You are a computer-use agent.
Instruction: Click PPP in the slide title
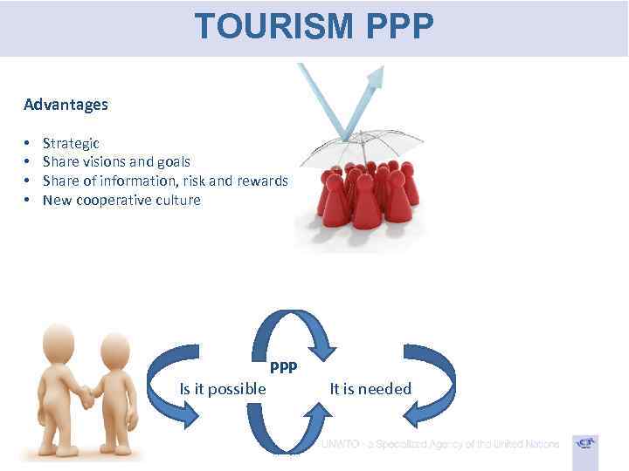(399, 26)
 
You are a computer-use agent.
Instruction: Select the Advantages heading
(66, 105)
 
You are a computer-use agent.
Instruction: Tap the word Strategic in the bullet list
(71, 143)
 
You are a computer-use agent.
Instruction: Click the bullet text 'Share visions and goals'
(116, 161)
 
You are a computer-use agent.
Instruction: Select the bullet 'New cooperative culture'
(121, 200)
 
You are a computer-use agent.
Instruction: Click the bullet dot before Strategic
(28, 143)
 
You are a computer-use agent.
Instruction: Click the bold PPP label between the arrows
(283, 368)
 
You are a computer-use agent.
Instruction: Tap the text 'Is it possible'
(223, 389)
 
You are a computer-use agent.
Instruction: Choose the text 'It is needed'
(370, 389)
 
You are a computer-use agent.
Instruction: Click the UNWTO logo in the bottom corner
(585, 446)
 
